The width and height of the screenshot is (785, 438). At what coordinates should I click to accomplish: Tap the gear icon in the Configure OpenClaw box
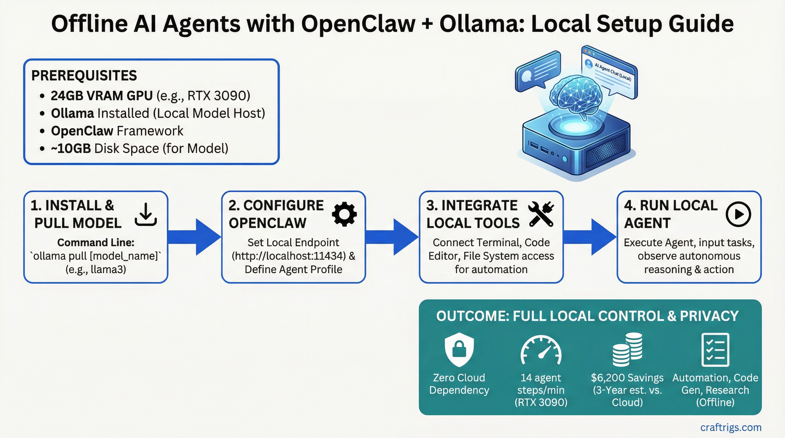pos(344,214)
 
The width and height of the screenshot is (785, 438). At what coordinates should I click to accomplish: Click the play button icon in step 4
pos(738,214)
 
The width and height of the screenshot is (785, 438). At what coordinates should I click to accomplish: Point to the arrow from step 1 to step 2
pos(195,237)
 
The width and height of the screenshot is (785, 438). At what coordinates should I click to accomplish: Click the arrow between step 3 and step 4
pos(590,237)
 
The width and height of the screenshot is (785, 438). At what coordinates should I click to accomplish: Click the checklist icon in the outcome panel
pos(715,349)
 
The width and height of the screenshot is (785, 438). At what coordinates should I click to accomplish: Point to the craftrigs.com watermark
pos(731,427)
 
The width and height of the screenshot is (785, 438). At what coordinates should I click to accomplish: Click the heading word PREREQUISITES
pos(84,76)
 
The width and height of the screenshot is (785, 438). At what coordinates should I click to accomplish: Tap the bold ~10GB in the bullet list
pos(71,149)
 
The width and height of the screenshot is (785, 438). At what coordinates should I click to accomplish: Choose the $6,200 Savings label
pos(627,378)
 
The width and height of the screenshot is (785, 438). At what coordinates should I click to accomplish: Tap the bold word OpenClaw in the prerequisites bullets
pos(82,131)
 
